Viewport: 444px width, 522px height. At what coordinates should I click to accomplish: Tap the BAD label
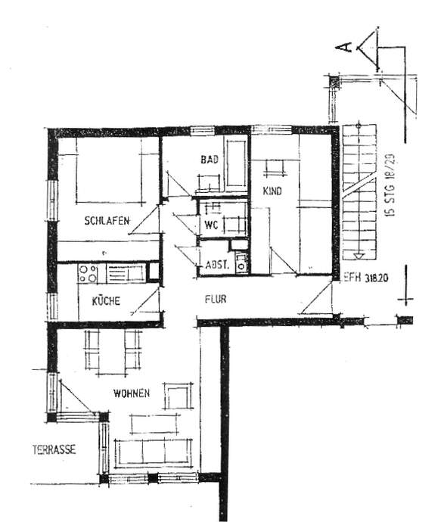209,160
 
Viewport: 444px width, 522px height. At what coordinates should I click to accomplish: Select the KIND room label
272,191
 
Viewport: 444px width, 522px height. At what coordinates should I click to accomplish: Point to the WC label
210,225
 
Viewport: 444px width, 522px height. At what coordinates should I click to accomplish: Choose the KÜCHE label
106,300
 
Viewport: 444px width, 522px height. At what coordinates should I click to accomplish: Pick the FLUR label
216,299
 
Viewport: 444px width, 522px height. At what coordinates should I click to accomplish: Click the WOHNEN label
132,393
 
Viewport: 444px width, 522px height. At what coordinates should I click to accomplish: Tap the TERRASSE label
53,449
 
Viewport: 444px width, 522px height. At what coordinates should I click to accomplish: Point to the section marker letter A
345,48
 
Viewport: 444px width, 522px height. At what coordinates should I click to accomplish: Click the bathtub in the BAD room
236,163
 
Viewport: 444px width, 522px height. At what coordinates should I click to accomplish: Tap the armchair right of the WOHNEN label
179,396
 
